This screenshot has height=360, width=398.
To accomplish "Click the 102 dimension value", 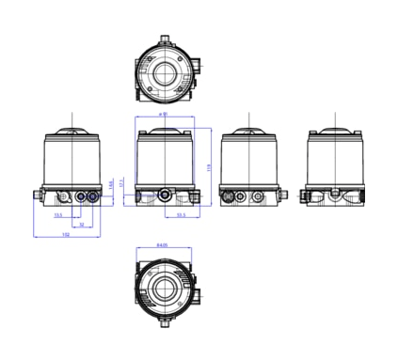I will (x=65, y=235).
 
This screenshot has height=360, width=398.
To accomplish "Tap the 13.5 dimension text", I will (x=58, y=215).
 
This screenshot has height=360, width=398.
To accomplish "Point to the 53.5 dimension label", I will (x=181, y=215).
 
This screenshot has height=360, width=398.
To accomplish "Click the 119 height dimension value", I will (x=206, y=167).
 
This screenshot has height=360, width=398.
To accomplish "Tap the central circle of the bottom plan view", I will (x=167, y=288).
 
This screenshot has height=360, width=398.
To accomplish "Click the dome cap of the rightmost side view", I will (x=336, y=131).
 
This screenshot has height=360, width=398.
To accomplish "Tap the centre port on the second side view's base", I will (x=166, y=196).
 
